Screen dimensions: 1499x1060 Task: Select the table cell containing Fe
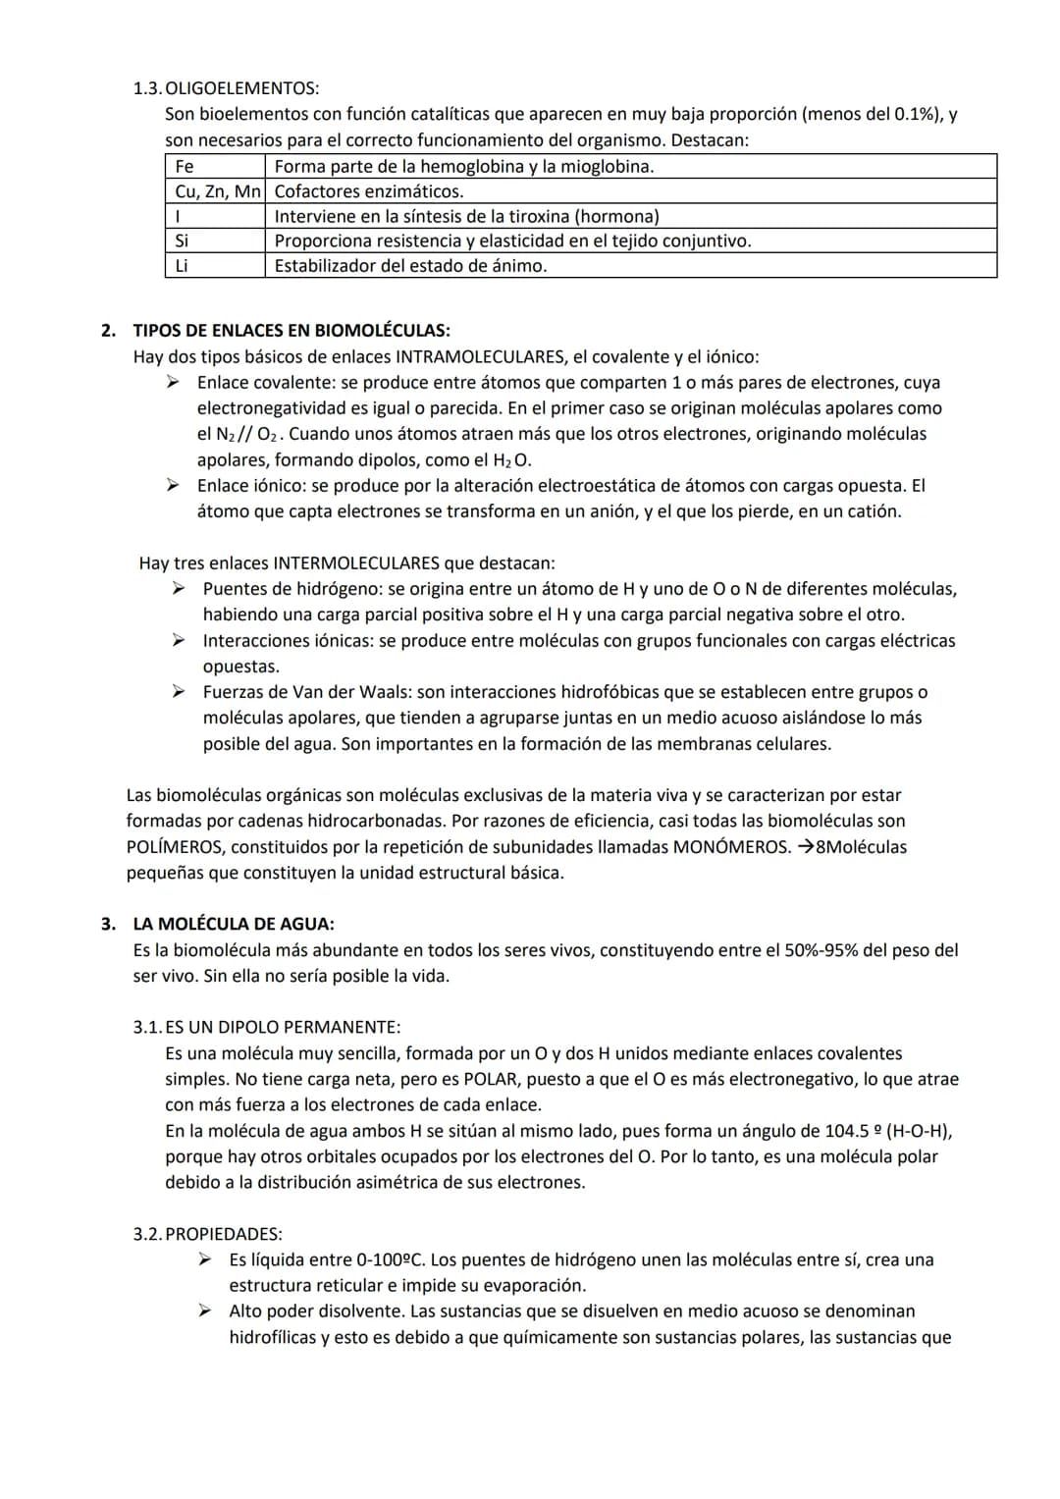(215, 166)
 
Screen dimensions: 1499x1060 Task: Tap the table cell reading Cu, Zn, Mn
(215, 191)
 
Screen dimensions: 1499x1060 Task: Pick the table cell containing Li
(215, 266)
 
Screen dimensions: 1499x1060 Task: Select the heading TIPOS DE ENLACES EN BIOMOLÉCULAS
(291, 331)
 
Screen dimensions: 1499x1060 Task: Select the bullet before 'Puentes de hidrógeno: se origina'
(180, 588)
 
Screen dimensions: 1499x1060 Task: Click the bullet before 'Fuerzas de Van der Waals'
(180, 692)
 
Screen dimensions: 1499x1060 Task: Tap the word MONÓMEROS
(730, 846)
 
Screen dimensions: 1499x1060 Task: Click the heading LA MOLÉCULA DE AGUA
(234, 924)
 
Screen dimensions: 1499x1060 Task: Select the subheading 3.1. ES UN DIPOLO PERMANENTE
(267, 1028)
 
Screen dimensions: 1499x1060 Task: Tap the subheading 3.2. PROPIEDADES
(208, 1234)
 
